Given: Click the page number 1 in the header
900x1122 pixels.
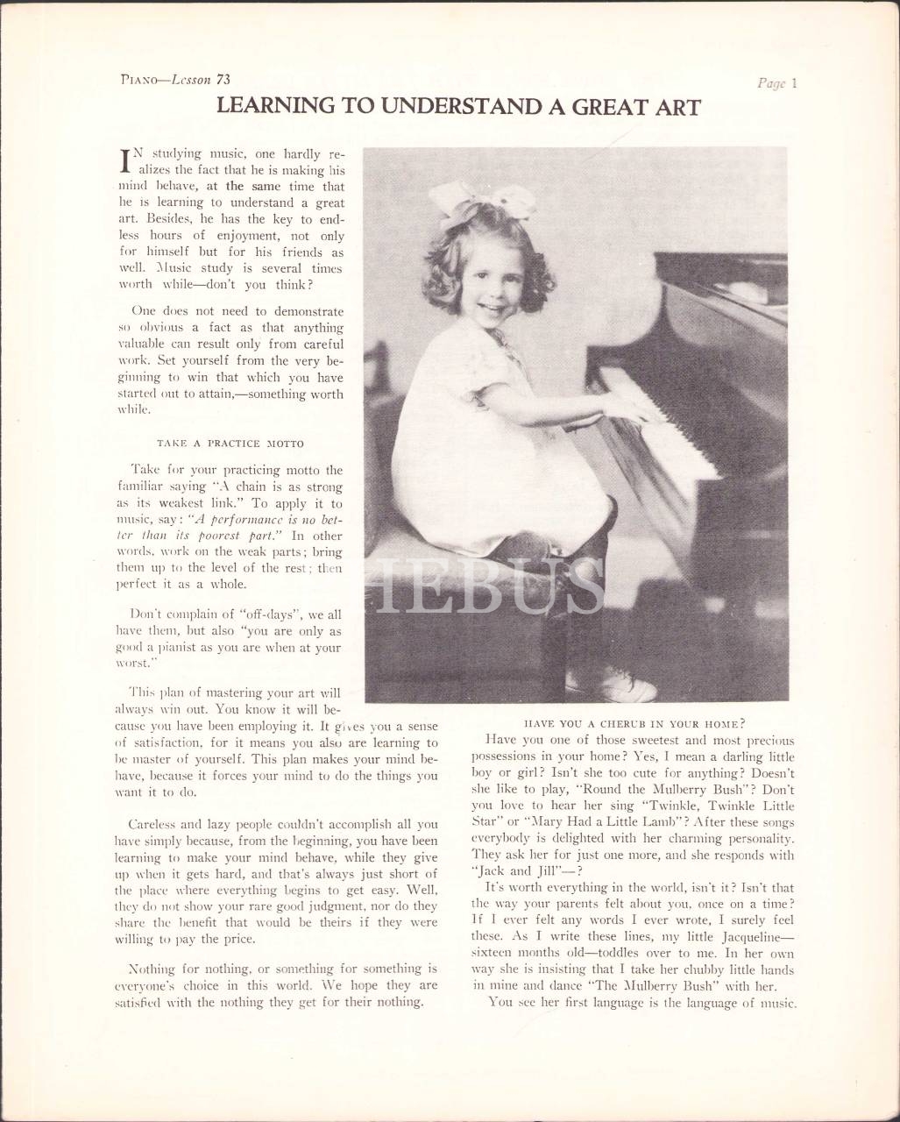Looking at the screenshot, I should (792, 84).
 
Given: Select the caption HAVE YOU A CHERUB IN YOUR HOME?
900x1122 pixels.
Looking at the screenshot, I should (634, 723).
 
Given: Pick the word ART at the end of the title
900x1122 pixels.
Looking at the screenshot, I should (679, 108).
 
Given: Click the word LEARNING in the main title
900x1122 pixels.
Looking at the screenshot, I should (262, 108).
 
